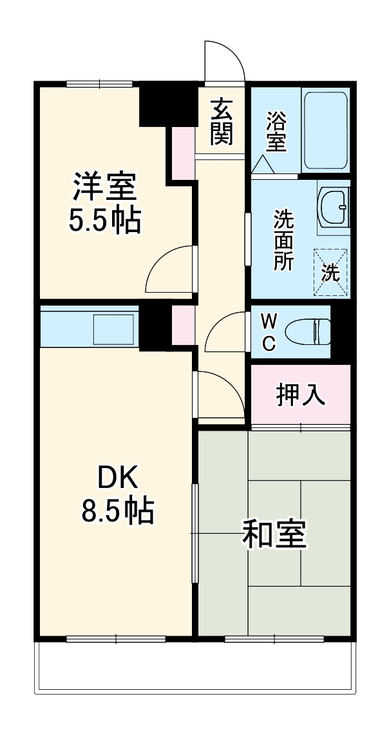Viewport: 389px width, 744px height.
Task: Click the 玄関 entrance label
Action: [x=221, y=122]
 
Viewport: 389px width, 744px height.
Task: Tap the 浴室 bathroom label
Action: [x=276, y=132]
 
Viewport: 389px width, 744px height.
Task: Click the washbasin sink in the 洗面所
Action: [x=334, y=208]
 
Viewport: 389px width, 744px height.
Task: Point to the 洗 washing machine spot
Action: [x=330, y=272]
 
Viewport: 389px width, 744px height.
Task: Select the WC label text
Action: [x=269, y=332]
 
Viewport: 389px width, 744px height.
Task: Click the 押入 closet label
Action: [x=300, y=395]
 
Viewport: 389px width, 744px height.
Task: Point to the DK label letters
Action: [x=117, y=478]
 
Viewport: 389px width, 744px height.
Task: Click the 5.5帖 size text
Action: [x=105, y=221]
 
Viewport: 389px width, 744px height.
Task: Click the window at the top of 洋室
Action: [x=99, y=83]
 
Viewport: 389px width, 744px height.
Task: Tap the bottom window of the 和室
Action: [x=274, y=639]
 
